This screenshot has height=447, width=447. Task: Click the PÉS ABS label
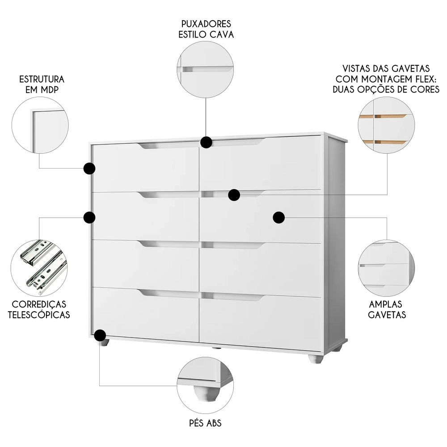tap(206, 422)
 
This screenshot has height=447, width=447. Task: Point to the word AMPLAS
tap(387, 304)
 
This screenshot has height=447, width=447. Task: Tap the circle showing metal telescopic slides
tap(41, 268)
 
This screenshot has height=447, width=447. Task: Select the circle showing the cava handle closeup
tap(206, 69)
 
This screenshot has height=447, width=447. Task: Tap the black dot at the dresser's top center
tap(206, 142)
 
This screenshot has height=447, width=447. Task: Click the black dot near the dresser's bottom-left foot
tap(100, 335)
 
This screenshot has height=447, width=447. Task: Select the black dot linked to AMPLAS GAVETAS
tap(279, 217)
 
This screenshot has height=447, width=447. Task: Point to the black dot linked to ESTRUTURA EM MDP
tap(89, 169)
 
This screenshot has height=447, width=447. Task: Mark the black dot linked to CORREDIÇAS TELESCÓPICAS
tap(89, 217)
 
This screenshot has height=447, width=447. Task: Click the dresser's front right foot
tap(315, 358)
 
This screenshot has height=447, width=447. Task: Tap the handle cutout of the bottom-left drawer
tap(168, 294)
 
